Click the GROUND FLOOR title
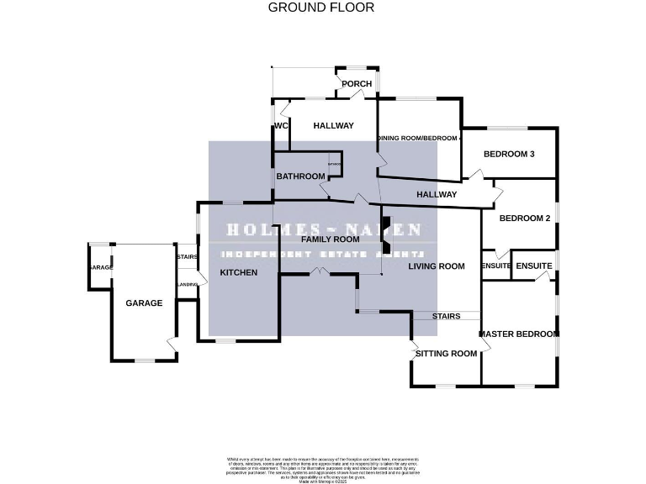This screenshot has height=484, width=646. point(320,8)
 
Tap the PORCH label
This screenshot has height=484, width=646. point(357,84)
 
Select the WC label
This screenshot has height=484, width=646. point(281,126)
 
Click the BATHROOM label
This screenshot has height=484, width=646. point(300,176)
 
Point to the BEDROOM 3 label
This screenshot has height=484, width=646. point(509,154)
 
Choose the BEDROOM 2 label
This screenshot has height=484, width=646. point(524,218)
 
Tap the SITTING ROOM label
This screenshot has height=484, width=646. point(446,354)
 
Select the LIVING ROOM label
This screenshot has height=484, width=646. point(436,266)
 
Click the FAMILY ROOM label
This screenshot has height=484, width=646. point(331,239)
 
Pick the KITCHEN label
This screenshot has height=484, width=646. point(238,273)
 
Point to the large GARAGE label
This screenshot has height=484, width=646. point(144,303)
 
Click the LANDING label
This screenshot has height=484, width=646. point(187,285)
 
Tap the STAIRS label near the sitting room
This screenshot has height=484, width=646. point(446,317)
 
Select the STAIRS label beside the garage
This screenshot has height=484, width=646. point(186,258)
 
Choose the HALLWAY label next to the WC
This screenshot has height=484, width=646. point(333,126)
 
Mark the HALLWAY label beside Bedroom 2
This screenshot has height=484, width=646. point(436,195)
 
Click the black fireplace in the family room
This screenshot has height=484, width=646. point(386,235)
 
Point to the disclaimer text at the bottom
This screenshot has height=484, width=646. point(322,467)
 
